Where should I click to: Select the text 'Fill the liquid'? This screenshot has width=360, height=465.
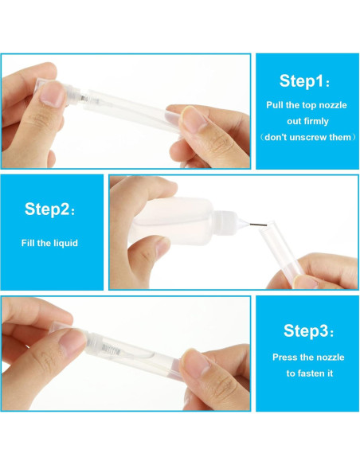click(49, 243)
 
